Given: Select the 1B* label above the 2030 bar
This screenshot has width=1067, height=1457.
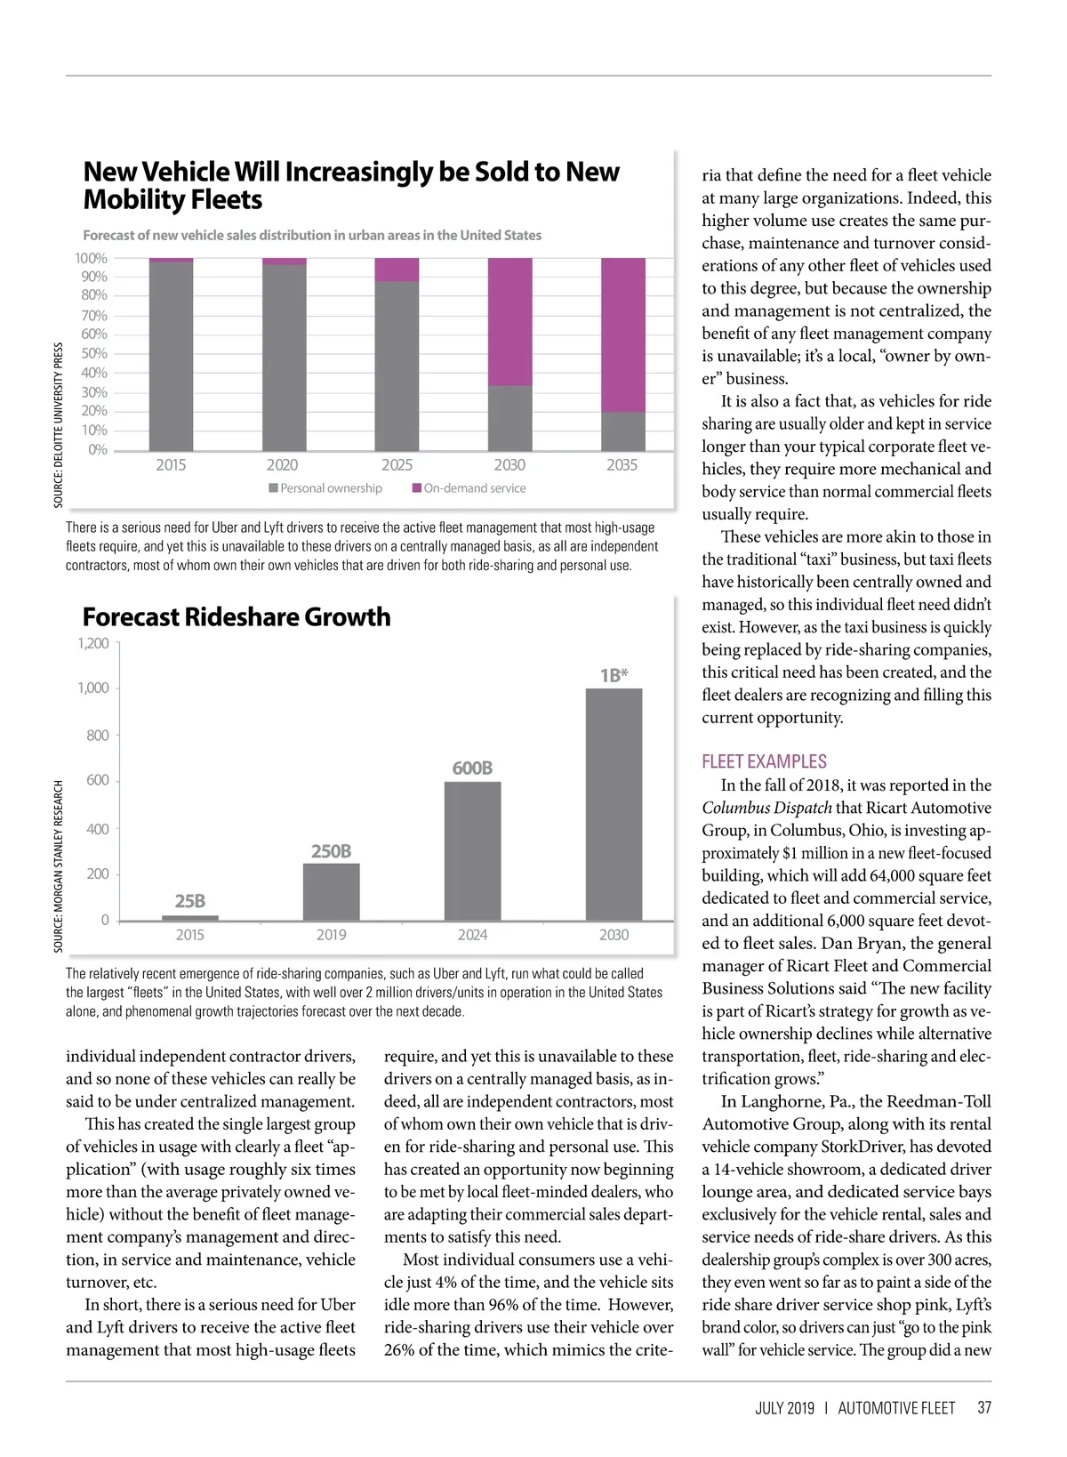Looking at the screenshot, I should (x=614, y=675).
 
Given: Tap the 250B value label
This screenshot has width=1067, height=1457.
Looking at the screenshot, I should (x=331, y=851).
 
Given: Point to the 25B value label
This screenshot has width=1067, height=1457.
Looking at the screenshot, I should (x=189, y=901).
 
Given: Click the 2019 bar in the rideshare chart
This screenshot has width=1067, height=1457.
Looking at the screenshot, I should (x=331, y=891).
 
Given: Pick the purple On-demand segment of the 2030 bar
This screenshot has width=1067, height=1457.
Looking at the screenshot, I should (x=509, y=322).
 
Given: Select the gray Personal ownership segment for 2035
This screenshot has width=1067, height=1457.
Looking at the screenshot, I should (x=622, y=431).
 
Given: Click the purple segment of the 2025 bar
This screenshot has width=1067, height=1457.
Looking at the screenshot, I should (x=397, y=270).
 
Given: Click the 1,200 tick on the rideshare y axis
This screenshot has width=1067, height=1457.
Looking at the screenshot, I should (x=92, y=643).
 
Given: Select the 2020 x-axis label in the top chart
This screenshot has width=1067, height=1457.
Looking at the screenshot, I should (x=283, y=465).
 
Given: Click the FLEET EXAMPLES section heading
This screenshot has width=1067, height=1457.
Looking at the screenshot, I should (x=764, y=761).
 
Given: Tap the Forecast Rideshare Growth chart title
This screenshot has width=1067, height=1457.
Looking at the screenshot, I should (x=237, y=617).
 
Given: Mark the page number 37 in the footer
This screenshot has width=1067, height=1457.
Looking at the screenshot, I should (x=983, y=1408).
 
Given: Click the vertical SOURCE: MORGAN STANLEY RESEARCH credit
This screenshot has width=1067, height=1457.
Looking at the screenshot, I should (x=59, y=866).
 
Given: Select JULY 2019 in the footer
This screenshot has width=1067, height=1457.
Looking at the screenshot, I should (x=784, y=1408).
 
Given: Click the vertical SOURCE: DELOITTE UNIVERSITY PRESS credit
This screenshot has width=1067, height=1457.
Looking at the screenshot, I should (x=59, y=425).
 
